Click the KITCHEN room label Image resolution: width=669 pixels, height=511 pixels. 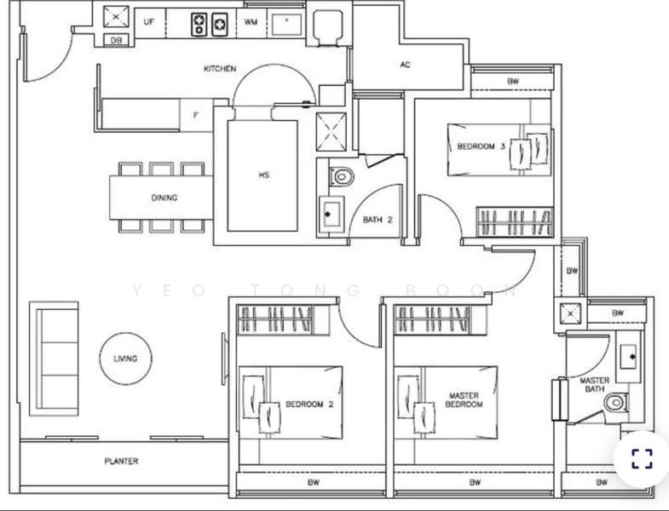(x=220, y=69)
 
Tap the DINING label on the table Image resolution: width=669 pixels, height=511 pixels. (x=164, y=198)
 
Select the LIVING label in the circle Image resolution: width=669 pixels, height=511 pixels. (x=125, y=359)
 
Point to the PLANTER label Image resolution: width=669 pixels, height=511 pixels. (x=121, y=462)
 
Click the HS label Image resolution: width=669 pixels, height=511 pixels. (x=264, y=175)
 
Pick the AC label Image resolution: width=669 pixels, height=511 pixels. (x=406, y=65)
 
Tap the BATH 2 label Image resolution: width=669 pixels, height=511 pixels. (x=377, y=220)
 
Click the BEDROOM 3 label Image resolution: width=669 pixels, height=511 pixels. (x=482, y=146)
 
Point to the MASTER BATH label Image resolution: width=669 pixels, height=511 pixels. (x=594, y=386)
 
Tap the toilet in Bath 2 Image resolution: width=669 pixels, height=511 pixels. (x=342, y=177)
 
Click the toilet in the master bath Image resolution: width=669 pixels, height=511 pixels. (x=615, y=402)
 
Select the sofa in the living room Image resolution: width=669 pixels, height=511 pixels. (x=54, y=357)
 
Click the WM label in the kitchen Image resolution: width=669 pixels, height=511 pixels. (x=251, y=20)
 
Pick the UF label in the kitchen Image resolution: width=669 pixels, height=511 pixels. (x=149, y=20)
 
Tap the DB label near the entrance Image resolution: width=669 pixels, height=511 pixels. (x=116, y=40)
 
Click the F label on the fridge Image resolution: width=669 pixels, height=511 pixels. (x=195, y=115)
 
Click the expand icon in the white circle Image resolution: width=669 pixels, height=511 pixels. (x=641, y=460)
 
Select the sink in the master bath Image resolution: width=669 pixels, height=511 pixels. (x=631, y=358)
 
